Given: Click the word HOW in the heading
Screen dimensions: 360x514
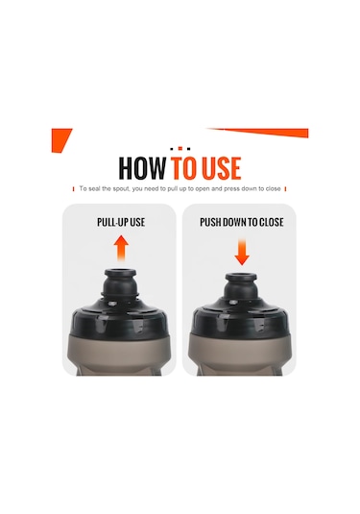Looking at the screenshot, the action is pos(142,168).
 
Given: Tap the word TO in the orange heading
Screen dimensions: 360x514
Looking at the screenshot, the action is pos(183,168).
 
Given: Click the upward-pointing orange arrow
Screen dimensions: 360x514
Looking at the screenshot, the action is pos(121,248).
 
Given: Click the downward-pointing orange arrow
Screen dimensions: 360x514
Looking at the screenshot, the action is pos(242,252).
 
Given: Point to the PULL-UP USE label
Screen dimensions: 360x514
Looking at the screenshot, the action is pos(121,222).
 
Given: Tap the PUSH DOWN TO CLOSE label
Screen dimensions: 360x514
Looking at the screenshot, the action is pos(242,222).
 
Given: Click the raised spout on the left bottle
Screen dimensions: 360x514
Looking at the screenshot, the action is pos(120,282).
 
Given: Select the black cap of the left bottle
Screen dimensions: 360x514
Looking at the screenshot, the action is pos(119,317).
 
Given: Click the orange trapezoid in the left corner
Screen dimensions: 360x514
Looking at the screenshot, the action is pos(60,139).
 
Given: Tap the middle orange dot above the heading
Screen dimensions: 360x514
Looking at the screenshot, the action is pos(180,149).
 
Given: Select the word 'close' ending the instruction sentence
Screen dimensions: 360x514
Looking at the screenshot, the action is pos(274,189).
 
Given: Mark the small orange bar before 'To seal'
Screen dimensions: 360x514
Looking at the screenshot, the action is pos(73,189).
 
